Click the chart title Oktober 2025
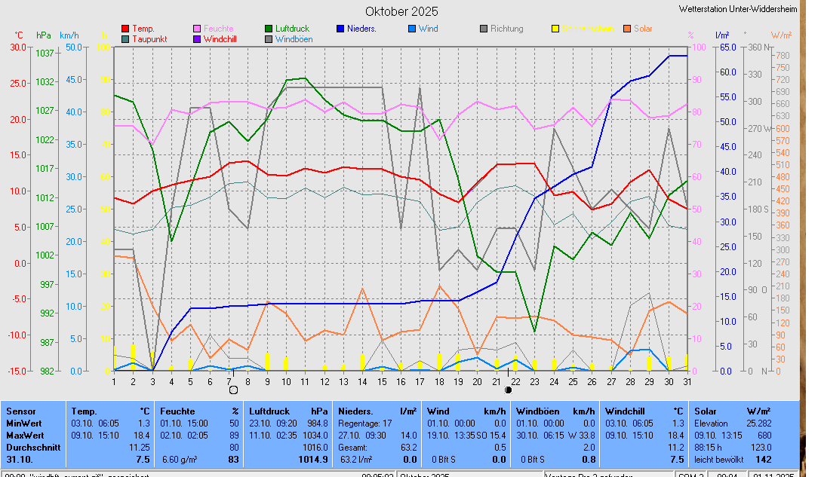point(401,11)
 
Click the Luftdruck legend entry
point(291,29)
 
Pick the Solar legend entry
point(643,29)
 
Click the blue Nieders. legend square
point(340,29)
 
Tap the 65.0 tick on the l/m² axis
point(727,47)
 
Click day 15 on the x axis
point(382,381)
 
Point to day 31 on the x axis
point(687,381)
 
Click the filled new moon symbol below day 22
point(509,390)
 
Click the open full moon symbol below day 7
point(233,390)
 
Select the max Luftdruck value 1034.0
point(315,436)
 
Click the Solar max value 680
point(785,436)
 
